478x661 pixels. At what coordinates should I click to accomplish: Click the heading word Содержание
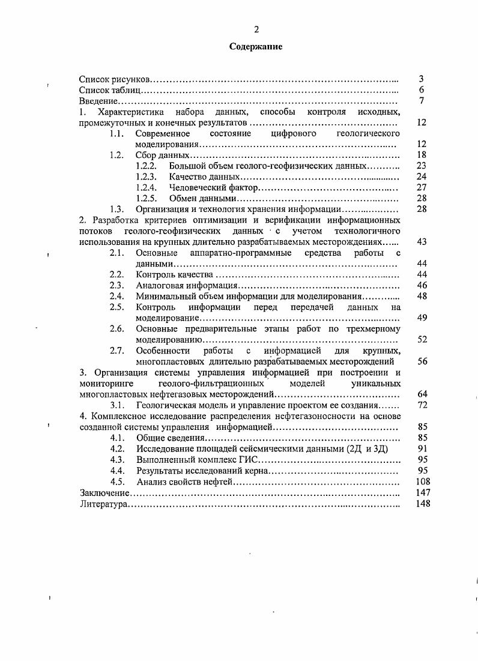pyautogui.click(x=255, y=46)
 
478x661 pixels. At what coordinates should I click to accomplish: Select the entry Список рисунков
pyautogui.click(x=115, y=79)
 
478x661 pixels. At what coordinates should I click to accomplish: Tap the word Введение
pyautogui.click(x=98, y=101)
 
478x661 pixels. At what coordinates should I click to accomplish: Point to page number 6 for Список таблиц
pyautogui.click(x=422, y=90)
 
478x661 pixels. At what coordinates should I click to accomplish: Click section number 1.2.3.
pyautogui.click(x=146, y=177)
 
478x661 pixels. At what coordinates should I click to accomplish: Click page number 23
pyautogui.click(x=421, y=166)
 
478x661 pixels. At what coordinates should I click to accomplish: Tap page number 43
pyautogui.click(x=421, y=241)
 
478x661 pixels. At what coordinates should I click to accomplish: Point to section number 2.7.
pyautogui.click(x=116, y=351)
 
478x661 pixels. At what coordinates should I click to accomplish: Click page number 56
pyautogui.click(x=421, y=361)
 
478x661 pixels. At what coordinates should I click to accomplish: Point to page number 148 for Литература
pyautogui.click(x=420, y=504)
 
